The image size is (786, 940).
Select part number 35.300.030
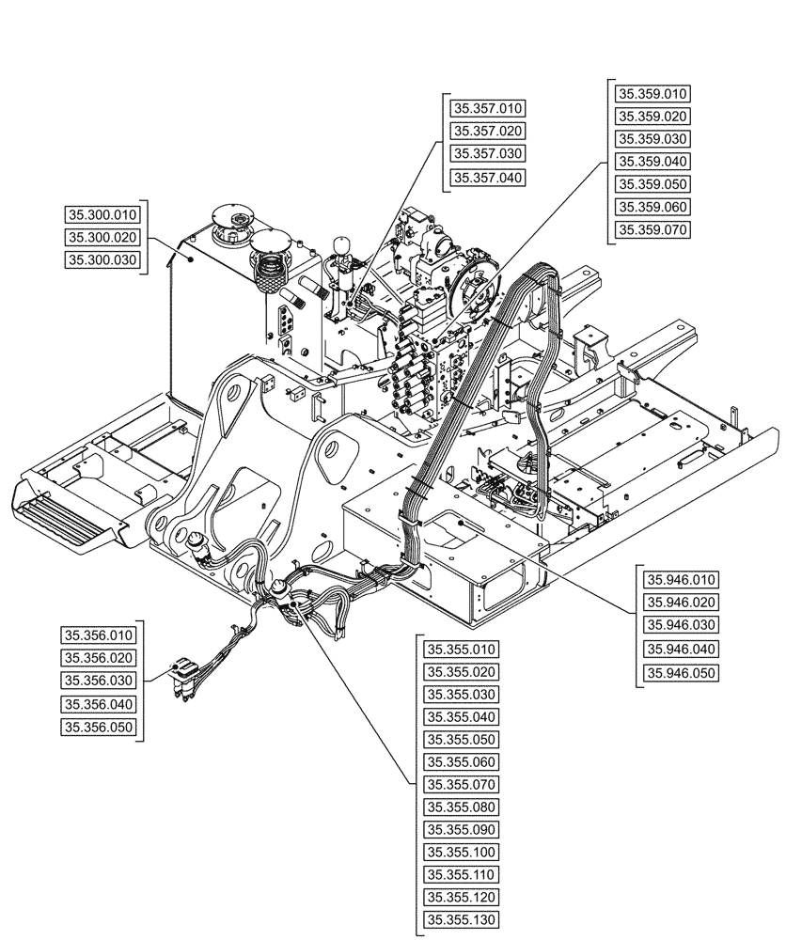(102, 259)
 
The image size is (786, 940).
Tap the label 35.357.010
(487, 107)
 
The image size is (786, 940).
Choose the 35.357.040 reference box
(487, 177)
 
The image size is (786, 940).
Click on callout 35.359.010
(652, 93)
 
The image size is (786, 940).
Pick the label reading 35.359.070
(652, 229)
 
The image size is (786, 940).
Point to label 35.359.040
(652, 162)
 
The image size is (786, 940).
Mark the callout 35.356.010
(98, 634)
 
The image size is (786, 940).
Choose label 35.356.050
(98, 727)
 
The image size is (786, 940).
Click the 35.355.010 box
(461, 649)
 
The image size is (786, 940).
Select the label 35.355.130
(461, 919)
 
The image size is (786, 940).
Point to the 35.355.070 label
(461, 784)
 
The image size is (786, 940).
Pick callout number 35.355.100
(461, 852)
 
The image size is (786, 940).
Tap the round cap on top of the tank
(231, 219)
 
